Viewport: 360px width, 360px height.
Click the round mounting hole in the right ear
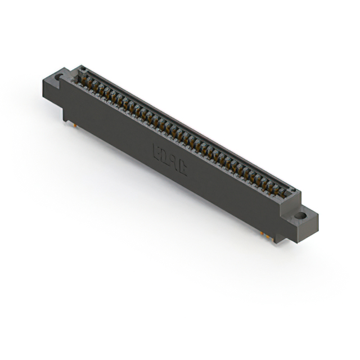tap(301, 215)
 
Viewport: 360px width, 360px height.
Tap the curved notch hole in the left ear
tap(59, 76)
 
